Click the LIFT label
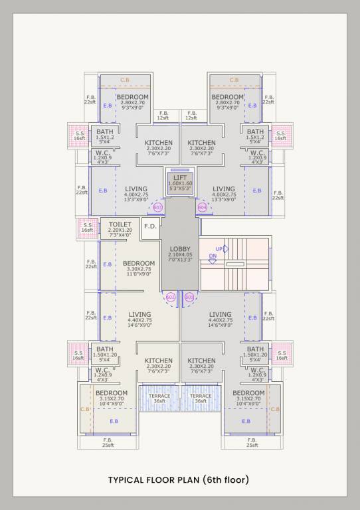point(179,177)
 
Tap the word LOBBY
point(179,248)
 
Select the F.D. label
point(150,226)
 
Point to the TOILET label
point(120,224)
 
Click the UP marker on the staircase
point(219,248)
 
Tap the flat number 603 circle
point(157,207)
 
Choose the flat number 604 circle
point(202,207)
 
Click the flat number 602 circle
point(170,296)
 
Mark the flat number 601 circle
point(189,296)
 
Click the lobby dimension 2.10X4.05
point(179,254)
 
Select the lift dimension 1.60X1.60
point(179,183)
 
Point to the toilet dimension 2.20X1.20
point(120,230)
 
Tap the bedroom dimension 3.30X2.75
point(138,269)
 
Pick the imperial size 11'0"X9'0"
point(138,274)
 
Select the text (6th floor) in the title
point(227,480)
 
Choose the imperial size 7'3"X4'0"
point(120,236)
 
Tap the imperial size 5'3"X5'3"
point(179,189)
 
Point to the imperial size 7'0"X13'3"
point(179,260)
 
